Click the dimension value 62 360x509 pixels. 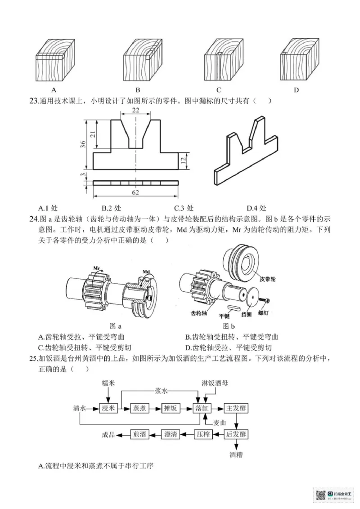pos(135,192)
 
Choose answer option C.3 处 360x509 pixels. pos(184,208)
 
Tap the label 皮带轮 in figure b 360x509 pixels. pos(267,279)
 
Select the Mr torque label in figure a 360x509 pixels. pos(97,268)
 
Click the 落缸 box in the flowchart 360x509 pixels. pos(201,409)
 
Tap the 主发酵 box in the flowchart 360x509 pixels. pos(237,409)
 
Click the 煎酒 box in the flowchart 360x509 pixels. pos(138,434)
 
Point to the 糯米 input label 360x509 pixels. pos(107,383)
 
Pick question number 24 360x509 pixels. pos(33,219)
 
